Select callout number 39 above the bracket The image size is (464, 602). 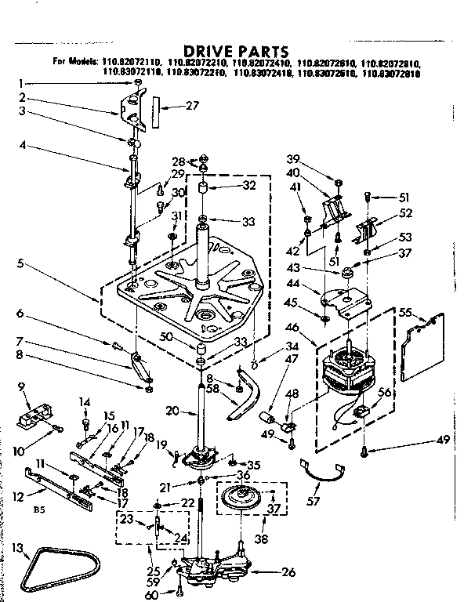pos(316,158)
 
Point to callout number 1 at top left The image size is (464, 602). pos(24,82)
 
